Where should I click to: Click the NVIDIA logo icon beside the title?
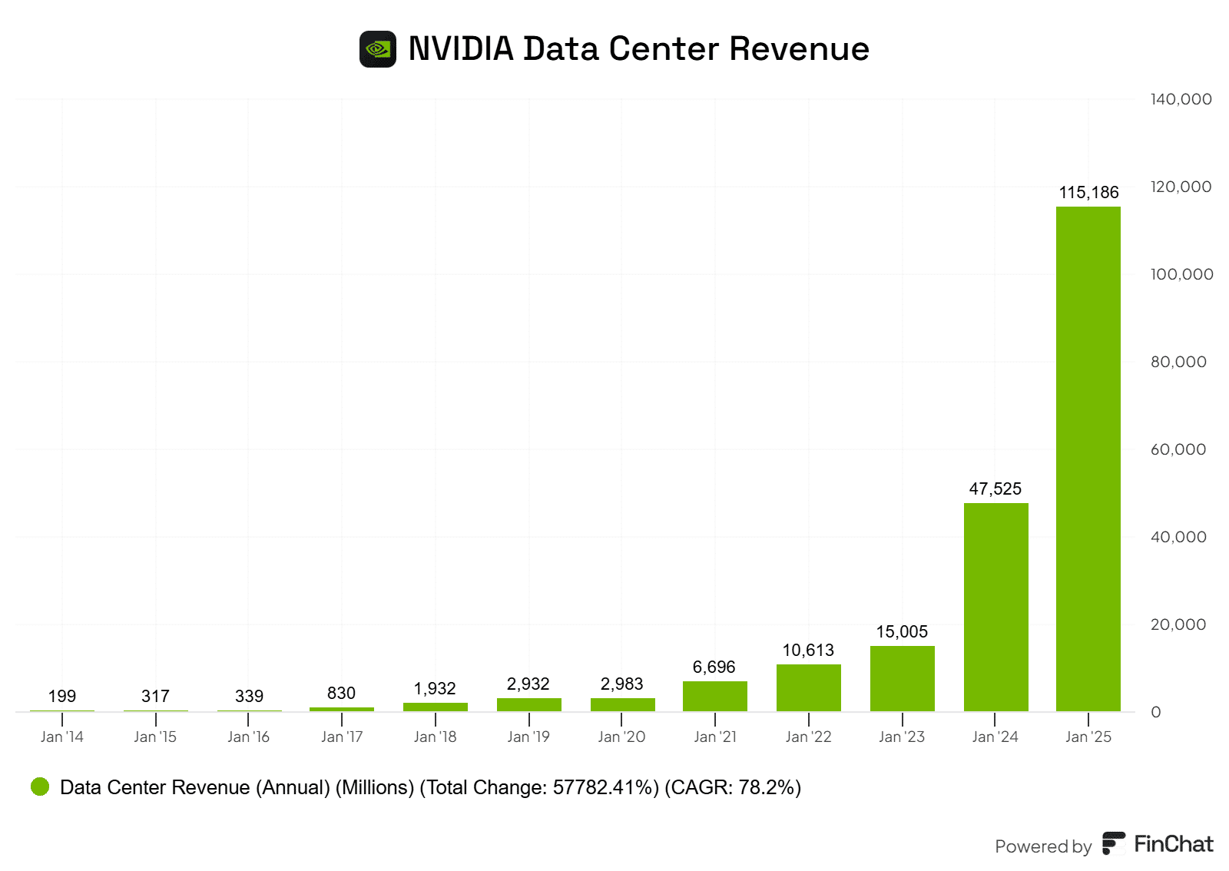[378, 49]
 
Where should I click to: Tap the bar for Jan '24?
[995, 607]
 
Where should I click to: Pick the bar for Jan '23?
[902, 678]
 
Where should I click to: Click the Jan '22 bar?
[808, 687]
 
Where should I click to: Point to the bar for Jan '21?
[714, 696]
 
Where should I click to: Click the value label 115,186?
[1088, 193]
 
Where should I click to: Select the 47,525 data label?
[995, 489]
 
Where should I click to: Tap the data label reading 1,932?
[435, 689]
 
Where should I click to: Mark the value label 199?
[62, 697]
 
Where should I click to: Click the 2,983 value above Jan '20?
[621, 684]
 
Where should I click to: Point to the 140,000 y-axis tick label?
[1181, 99]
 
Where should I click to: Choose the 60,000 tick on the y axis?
[1178, 449]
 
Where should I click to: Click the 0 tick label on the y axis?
[1156, 712]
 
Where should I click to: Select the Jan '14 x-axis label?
[62, 737]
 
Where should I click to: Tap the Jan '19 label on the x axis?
[528, 737]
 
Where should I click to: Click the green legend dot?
[40, 787]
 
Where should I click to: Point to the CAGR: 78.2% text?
[733, 787]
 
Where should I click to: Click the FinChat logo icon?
[1114, 843]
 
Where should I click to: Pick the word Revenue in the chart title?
[799, 49]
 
